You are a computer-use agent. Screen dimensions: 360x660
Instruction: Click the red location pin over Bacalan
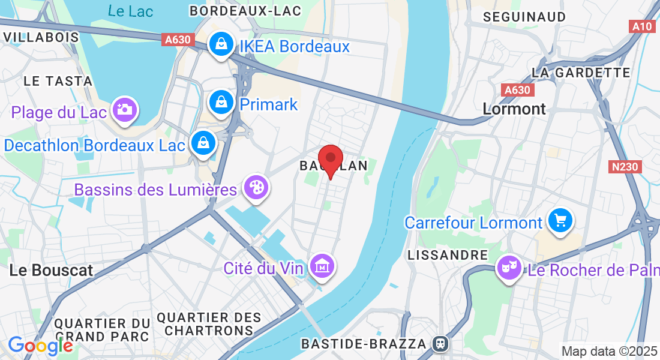click(330, 158)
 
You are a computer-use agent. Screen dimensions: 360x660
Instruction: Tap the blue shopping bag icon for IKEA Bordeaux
click(221, 45)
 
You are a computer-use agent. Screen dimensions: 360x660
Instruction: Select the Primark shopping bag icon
click(221, 103)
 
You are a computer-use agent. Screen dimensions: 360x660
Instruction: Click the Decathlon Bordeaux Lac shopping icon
click(203, 143)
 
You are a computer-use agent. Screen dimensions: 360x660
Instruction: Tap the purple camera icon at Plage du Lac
click(125, 110)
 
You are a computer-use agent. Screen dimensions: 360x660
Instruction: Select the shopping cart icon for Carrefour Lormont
click(560, 220)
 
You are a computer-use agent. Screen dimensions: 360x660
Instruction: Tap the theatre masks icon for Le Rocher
click(509, 268)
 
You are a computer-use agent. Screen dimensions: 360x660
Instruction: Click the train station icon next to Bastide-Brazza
click(440, 344)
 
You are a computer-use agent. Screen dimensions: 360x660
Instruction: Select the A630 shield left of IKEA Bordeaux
click(178, 40)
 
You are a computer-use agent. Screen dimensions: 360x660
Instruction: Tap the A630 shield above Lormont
click(517, 90)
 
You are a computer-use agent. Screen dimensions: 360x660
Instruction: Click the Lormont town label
click(514, 109)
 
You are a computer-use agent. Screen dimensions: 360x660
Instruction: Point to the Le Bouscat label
click(52, 270)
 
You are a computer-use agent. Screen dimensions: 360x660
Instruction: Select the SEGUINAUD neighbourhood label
click(524, 17)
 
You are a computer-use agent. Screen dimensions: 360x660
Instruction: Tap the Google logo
click(40, 346)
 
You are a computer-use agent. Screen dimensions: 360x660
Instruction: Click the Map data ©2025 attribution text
click(609, 351)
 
